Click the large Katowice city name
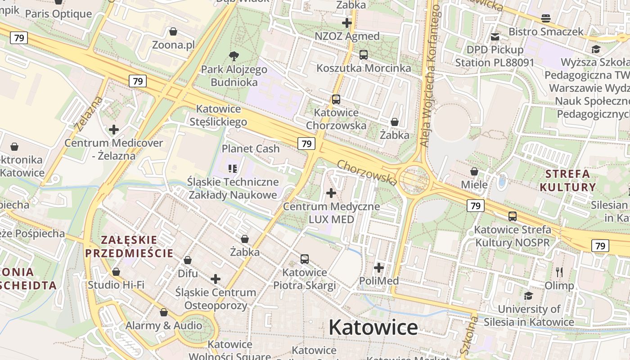tap(373, 327)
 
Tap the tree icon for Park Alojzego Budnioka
tap(234, 56)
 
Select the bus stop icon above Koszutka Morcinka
tap(363, 55)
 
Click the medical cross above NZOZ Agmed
tap(346, 22)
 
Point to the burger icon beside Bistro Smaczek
tap(546, 18)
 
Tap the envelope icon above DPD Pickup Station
tap(495, 36)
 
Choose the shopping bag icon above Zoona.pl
tap(173, 31)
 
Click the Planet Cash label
tap(251, 148)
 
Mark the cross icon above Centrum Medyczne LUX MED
tap(331, 193)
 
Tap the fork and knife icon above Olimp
tap(559, 272)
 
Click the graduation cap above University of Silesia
tap(529, 296)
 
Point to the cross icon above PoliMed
tap(379, 268)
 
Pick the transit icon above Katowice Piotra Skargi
tap(305, 259)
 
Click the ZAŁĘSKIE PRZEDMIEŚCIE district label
tap(129, 246)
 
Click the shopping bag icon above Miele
tap(474, 171)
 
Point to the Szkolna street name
tap(469, 335)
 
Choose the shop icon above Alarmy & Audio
tap(164, 312)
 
